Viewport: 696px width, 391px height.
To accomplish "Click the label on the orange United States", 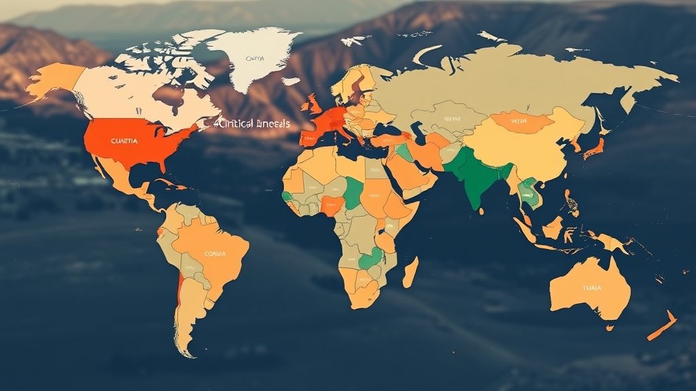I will click(x=124, y=141).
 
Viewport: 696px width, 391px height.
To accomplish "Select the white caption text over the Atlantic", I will click(x=251, y=124).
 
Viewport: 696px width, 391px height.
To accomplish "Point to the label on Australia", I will click(x=592, y=288).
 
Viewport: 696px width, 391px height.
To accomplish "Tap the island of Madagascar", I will click(x=411, y=272).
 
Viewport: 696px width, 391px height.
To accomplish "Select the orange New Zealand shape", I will click(x=661, y=325).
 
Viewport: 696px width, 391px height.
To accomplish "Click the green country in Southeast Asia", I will click(x=526, y=193).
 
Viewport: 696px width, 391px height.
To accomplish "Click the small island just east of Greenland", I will click(x=290, y=81).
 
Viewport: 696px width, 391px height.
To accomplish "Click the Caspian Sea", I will click(x=417, y=132).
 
